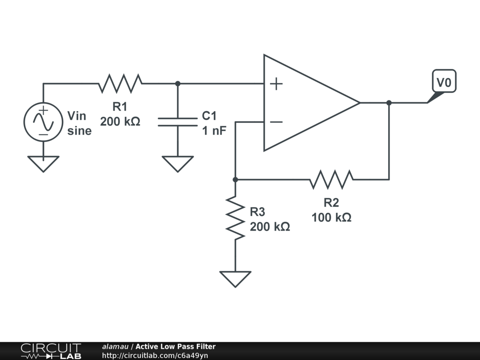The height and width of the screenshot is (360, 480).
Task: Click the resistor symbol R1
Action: tap(120, 83)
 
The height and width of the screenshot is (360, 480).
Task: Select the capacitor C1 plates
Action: tap(177, 122)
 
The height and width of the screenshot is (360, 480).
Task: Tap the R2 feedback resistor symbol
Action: tap(331, 179)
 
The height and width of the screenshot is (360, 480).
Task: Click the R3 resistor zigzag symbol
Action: tap(235, 218)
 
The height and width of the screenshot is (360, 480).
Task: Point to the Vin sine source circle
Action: tap(43, 122)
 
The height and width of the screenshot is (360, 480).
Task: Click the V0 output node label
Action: tap(443, 83)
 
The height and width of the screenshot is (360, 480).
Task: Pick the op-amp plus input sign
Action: tap(277, 84)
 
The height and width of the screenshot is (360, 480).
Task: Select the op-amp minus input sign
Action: tap(277, 122)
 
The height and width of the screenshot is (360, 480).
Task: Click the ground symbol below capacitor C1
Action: tap(177, 164)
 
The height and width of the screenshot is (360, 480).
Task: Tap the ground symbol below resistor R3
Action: tap(235, 278)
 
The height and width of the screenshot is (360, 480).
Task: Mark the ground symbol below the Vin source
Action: tap(43, 164)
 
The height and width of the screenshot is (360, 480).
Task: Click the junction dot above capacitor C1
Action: tap(177, 83)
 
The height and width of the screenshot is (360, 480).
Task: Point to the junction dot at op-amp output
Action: tap(389, 103)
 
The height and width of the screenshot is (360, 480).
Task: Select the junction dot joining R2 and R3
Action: tap(235, 179)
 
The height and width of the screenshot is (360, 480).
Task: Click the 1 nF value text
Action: tap(214, 130)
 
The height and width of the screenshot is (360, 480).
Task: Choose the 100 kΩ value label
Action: tap(331, 217)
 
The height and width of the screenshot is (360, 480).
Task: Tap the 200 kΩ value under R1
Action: tap(120, 122)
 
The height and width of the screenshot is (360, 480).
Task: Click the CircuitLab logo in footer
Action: tap(51, 351)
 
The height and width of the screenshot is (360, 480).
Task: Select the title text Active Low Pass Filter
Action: tap(175, 346)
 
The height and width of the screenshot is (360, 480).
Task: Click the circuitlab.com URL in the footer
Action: tap(155, 355)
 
